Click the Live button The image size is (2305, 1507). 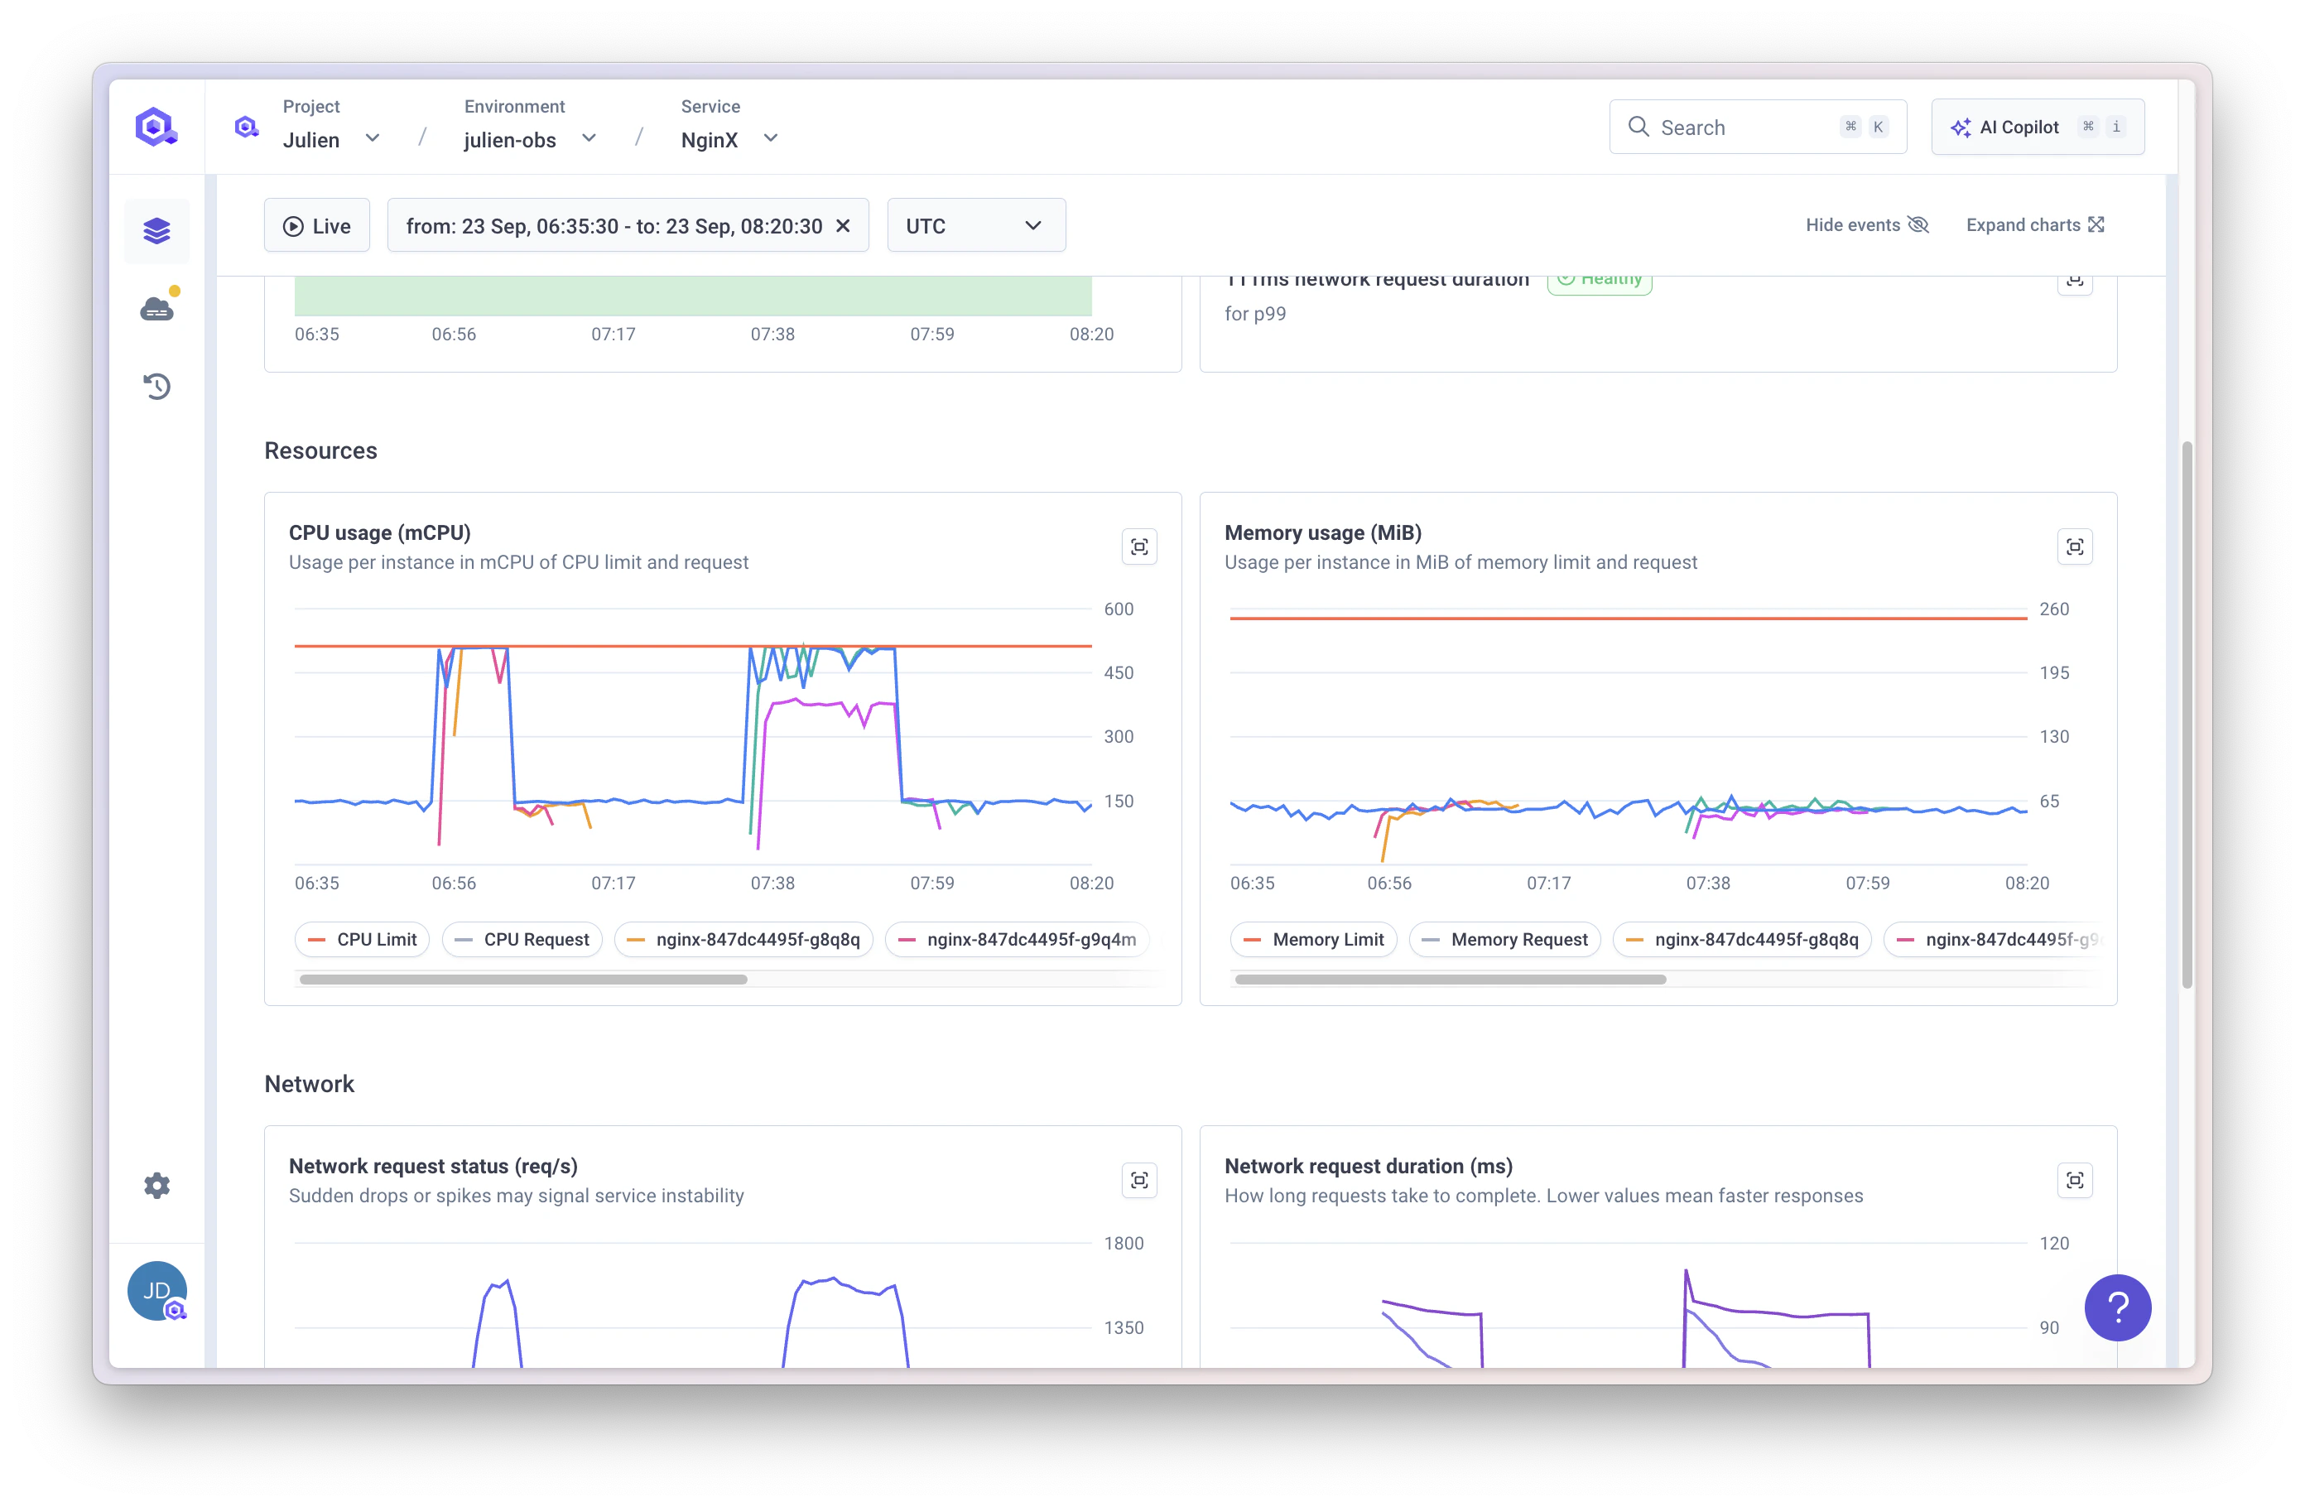(317, 226)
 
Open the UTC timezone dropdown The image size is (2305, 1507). (975, 226)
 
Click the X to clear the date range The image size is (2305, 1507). (843, 226)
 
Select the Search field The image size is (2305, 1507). (1734, 127)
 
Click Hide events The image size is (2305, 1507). (1866, 224)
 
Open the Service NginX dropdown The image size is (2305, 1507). (729, 139)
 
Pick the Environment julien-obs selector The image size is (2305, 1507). (529, 139)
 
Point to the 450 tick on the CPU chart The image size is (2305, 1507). (1118, 673)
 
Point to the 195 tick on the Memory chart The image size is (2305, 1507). (2053, 673)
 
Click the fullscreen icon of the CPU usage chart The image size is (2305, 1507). (1139, 547)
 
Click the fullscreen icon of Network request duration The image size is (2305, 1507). (2075, 1181)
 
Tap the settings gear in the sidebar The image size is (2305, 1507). (156, 1186)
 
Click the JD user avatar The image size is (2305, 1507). (156, 1291)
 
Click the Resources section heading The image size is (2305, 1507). (320, 450)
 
